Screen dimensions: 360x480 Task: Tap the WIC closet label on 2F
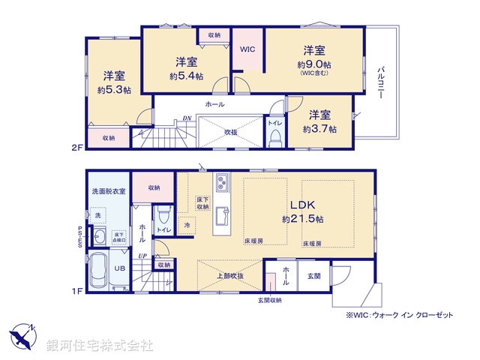(x=247, y=50)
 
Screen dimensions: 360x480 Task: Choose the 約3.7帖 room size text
(x=320, y=129)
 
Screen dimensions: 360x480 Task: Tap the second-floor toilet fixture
(x=274, y=136)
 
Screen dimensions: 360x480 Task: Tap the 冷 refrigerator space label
(x=187, y=224)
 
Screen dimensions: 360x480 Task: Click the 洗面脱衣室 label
(x=109, y=191)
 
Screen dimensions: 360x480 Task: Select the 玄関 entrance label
(x=313, y=276)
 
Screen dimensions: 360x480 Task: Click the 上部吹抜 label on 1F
(x=229, y=275)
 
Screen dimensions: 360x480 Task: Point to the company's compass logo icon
(x=22, y=335)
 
